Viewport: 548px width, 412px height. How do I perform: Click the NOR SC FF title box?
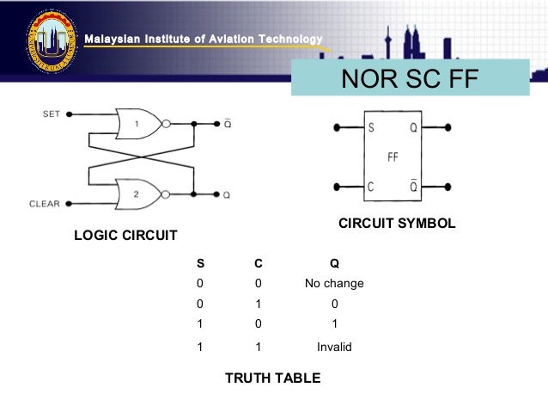click(x=410, y=79)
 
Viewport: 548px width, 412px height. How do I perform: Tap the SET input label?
click(x=52, y=114)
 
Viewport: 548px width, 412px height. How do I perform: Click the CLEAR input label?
click(x=44, y=204)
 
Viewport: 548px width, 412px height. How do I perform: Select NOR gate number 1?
click(x=137, y=123)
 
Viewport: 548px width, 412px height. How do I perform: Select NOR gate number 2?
click(x=137, y=194)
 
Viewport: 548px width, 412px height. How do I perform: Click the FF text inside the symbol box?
click(x=393, y=158)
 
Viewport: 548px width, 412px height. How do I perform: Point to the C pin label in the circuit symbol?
click(x=371, y=186)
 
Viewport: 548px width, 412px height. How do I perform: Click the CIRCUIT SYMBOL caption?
click(x=397, y=224)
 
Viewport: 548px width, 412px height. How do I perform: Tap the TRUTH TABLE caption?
click(x=272, y=378)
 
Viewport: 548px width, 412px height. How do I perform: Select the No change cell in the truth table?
click(x=334, y=284)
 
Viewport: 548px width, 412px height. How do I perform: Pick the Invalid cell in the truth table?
click(x=334, y=347)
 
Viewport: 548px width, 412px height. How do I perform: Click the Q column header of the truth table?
click(x=334, y=264)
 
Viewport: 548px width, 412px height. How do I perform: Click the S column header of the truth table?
click(x=200, y=264)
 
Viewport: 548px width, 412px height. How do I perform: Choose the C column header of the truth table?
click(x=257, y=264)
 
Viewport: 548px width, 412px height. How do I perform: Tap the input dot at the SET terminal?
click(x=69, y=114)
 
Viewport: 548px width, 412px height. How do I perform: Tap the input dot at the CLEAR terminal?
click(x=69, y=204)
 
